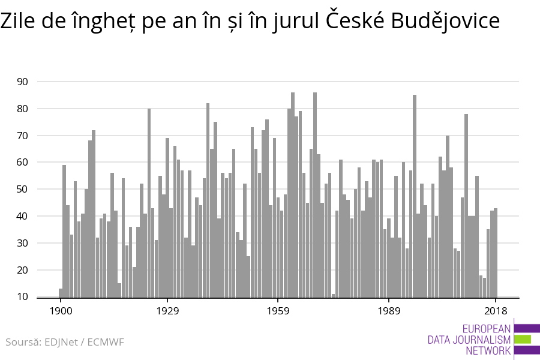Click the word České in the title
[355, 22]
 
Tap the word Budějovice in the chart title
[445, 22]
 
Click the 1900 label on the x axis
[60, 311]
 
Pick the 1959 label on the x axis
[278, 311]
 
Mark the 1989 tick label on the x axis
[389, 311]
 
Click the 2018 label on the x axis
[496, 311]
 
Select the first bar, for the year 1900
[61, 293]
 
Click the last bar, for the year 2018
[496, 253]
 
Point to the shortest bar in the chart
[333, 295]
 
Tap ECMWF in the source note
[106, 343]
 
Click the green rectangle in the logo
[523, 340]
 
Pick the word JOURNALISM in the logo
[469, 340]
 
